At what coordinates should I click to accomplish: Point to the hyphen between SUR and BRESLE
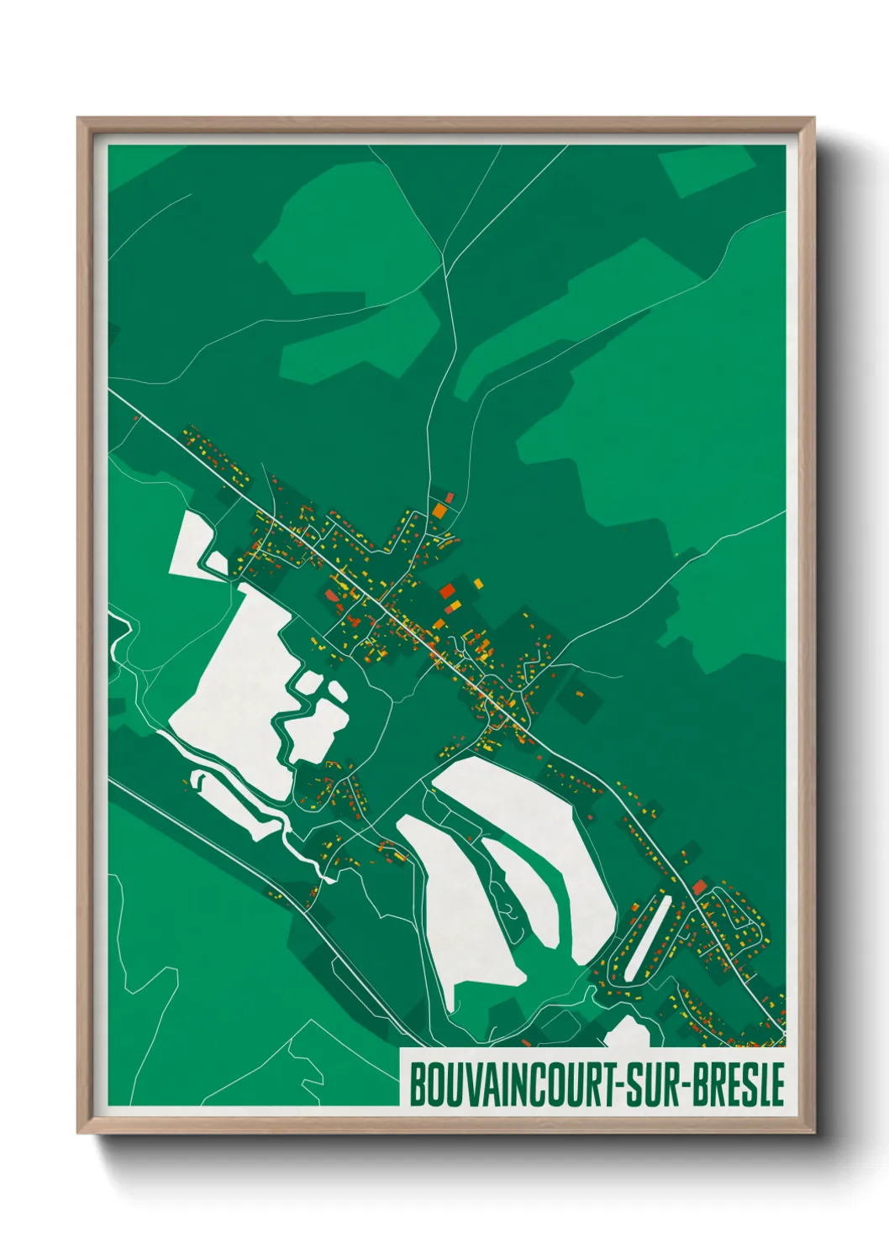(x=683, y=1085)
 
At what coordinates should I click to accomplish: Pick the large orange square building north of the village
(x=439, y=509)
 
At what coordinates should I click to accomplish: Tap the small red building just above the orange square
(x=449, y=497)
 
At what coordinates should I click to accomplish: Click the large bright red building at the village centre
(x=447, y=590)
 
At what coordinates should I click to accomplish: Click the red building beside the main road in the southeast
(x=699, y=887)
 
